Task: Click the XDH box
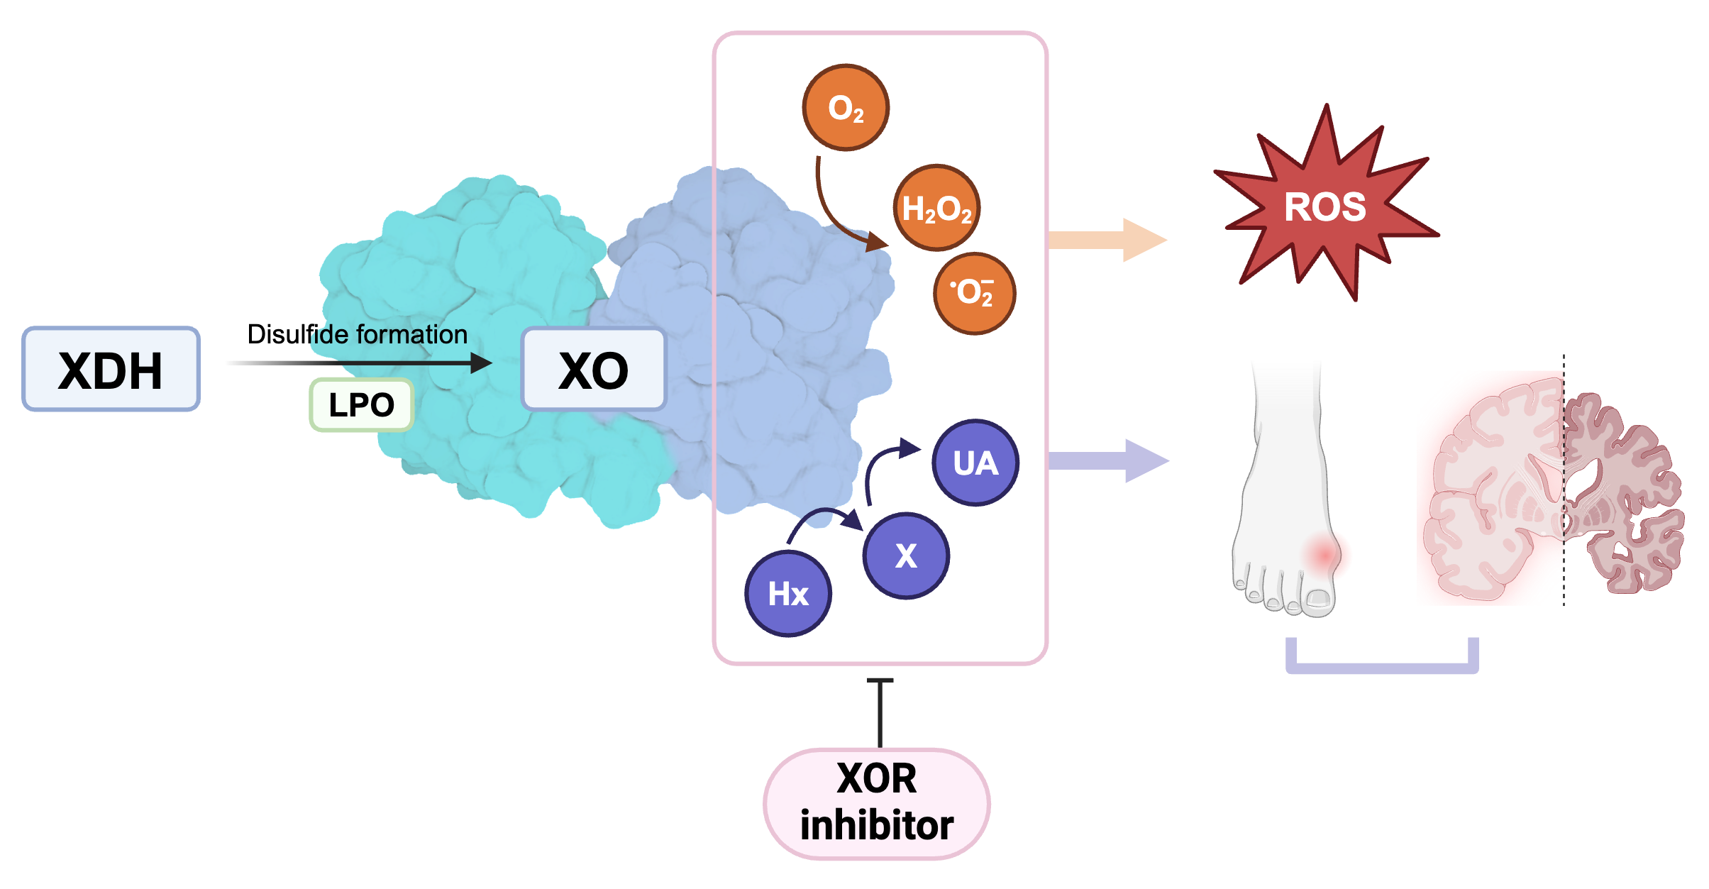point(111,369)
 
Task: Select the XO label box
point(593,370)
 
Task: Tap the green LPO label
point(361,405)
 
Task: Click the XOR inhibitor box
point(877,802)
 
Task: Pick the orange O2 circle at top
point(846,108)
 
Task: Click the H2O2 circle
point(936,209)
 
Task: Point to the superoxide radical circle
point(974,292)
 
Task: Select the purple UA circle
point(975,463)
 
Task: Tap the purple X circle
point(906,556)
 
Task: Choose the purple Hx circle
point(787,594)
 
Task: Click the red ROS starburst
point(1325,206)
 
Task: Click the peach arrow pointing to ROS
point(1107,240)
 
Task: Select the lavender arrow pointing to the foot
point(1107,461)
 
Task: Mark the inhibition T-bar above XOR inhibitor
point(880,709)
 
